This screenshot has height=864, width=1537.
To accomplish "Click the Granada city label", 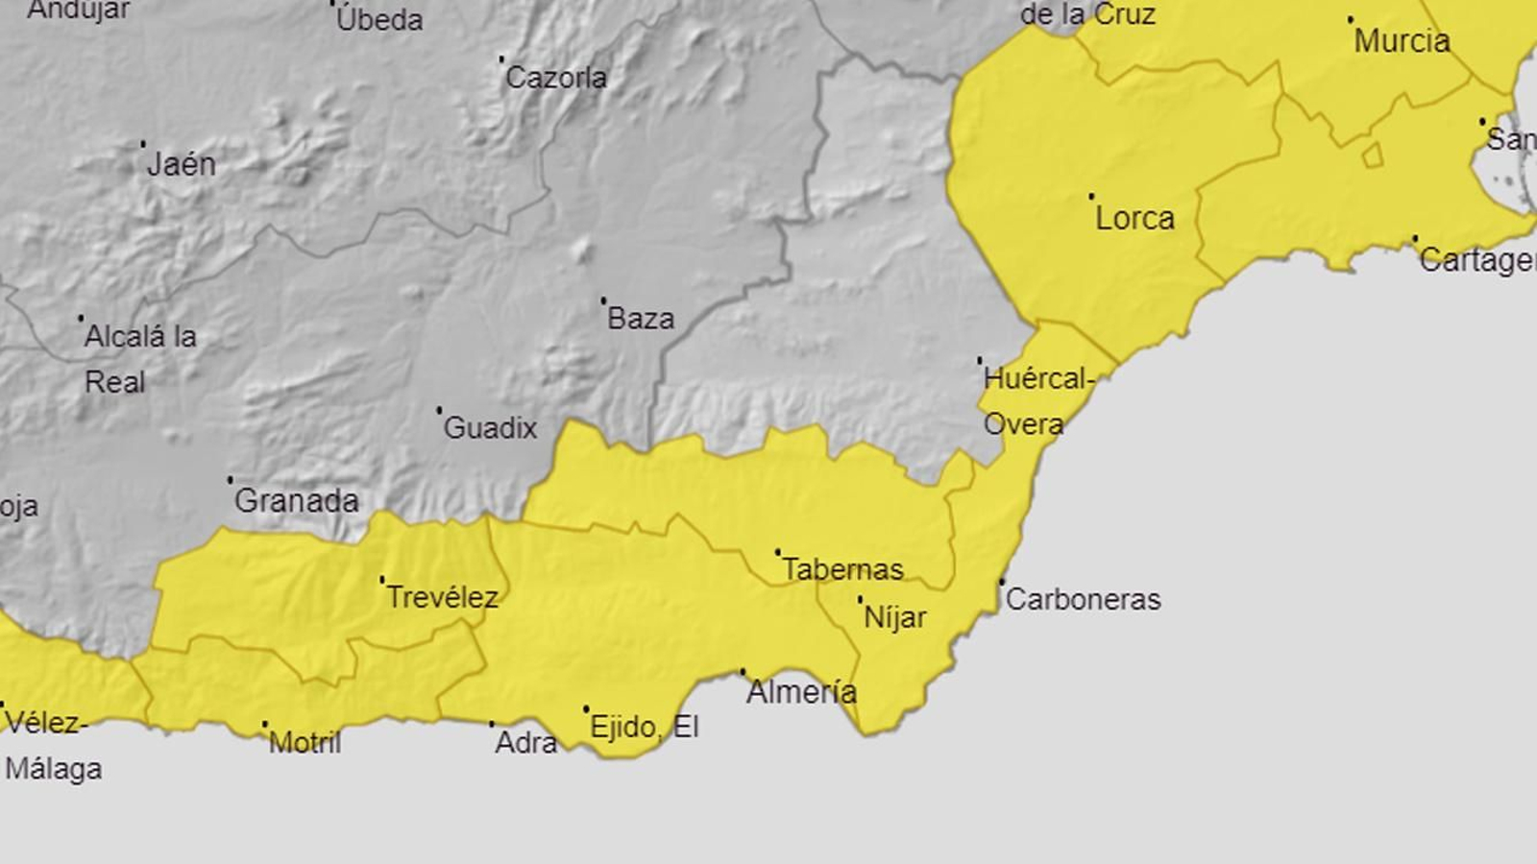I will (x=296, y=500).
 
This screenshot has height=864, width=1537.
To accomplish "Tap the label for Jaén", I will (x=182, y=164).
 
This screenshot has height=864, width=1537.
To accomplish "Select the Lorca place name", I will (x=1134, y=218).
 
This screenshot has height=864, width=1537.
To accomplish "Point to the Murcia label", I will (x=1402, y=41).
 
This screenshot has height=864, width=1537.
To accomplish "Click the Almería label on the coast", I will (x=801, y=691).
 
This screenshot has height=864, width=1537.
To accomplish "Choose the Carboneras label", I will (x=1083, y=599).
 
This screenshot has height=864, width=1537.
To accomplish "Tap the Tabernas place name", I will (x=842, y=569).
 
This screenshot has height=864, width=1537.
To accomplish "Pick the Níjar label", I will (x=894, y=616).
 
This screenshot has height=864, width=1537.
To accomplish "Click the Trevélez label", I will (x=442, y=597).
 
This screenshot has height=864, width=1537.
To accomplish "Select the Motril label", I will (x=305, y=742).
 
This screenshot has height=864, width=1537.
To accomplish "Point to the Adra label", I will (x=525, y=742).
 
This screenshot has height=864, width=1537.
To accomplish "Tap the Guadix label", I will (x=490, y=427).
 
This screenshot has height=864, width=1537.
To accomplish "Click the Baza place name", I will (x=641, y=318).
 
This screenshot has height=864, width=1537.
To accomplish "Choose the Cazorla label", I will (x=555, y=77).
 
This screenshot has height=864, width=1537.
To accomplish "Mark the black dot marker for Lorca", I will (x=1091, y=197).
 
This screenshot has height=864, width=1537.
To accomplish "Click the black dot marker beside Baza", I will (x=603, y=300).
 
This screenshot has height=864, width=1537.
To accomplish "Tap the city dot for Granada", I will (x=231, y=479).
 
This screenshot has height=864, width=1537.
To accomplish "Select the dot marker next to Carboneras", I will (x=1002, y=582).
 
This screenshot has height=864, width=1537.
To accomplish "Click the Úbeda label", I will (x=379, y=19).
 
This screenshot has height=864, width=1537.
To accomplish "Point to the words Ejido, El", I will (x=644, y=727).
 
